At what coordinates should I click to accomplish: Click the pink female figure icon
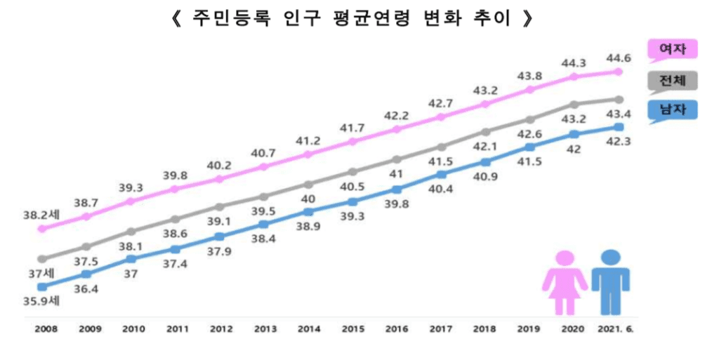tap(565, 283)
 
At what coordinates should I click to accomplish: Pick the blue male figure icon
tap(610, 281)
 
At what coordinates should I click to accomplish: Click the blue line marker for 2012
tap(219, 237)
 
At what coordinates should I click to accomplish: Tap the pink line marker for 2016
tap(397, 129)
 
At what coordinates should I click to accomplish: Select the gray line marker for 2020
tap(574, 105)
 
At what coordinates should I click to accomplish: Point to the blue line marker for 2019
tap(529, 147)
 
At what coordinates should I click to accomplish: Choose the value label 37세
tap(41, 274)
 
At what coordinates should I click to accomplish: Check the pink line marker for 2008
tap(42, 229)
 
